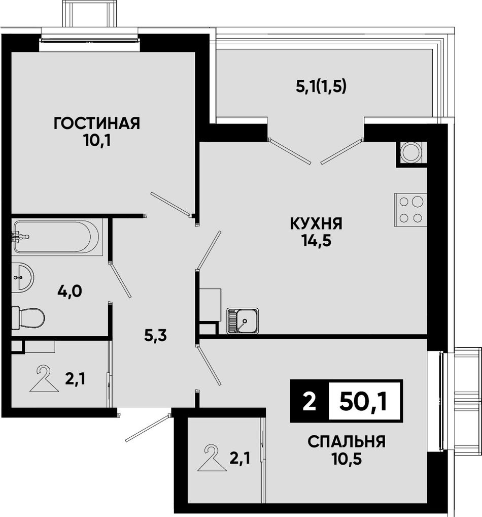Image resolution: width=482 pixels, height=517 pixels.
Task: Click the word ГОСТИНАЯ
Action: pyautogui.click(x=97, y=123)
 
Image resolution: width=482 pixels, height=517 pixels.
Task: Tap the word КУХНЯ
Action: pyautogui.click(x=316, y=224)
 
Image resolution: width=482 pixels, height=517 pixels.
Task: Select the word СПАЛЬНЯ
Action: pyautogui.click(x=347, y=442)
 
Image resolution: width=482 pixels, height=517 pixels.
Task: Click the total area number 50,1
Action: pyautogui.click(x=363, y=401)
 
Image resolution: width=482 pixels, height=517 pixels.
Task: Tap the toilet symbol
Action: pyautogui.click(x=28, y=318)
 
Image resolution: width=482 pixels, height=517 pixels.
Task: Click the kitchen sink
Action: pyautogui.click(x=243, y=321)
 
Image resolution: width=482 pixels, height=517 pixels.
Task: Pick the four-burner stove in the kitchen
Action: pyautogui.click(x=410, y=210)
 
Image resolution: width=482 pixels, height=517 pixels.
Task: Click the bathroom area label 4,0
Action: pyautogui.click(x=70, y=292)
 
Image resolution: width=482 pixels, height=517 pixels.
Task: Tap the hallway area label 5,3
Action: pyautogui.click(x=156, y=336)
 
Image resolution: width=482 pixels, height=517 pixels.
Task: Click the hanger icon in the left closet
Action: pyautogui.click(x=44, y=379)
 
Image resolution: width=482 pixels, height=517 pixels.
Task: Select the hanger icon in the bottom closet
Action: pyautogui.click(x=212, y=458)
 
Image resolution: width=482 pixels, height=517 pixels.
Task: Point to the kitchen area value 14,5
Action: pyautogui.click(x=316, y=241)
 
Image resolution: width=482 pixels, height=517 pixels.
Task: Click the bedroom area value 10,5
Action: pyautogui.click(x=347, y=459)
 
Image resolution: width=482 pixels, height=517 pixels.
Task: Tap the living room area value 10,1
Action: pyautogui.click(x=97, y=141)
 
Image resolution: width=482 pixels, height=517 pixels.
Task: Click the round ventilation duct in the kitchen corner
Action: pyautogui.click(x=410, y=153)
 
